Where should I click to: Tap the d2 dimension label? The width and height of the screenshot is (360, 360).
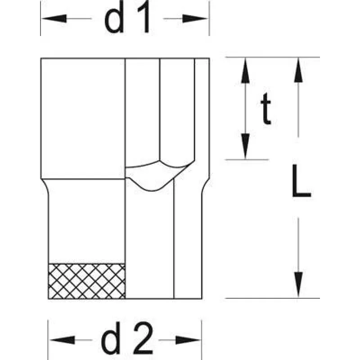[x=127, y=337]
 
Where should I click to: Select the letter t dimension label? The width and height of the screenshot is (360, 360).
[x=265, y=108]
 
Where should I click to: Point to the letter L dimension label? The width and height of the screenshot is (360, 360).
[x=301, y=181]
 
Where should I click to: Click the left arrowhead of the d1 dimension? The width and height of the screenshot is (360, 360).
[x=54, y=18]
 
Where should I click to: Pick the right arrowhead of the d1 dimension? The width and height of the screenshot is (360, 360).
[x=195, y=18]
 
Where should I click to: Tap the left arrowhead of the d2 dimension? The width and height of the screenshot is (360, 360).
[x=62, y=340]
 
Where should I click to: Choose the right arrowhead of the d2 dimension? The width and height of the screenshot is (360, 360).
[x=188, y=340]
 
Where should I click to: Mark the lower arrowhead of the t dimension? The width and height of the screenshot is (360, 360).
[x=245, y=146]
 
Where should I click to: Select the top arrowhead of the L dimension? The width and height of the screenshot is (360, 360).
[x=298, y=70]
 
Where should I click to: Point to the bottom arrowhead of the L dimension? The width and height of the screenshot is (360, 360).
[x=298, y=285]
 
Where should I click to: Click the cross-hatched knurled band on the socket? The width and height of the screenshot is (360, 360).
[x=87, y=281]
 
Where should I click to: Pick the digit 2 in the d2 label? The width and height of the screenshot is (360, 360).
[x=143, y=337]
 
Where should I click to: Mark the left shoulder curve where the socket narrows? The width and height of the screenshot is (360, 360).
[x=45, y=186]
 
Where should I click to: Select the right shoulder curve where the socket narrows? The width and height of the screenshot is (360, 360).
[x=206, y=186]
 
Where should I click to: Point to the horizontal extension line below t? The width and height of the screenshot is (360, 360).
[x=247, y=159]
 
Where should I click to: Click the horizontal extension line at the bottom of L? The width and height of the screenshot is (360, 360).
[x=272, y=298]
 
